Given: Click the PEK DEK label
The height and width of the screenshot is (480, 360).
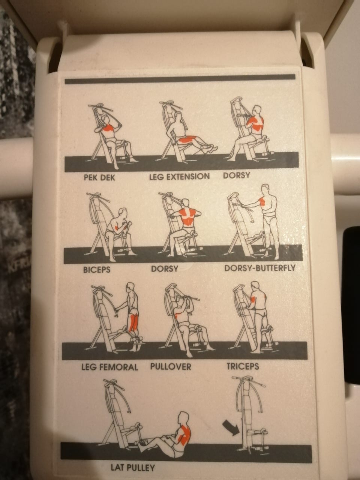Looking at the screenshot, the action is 99,178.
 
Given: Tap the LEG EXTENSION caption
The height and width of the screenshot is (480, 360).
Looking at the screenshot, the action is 179,177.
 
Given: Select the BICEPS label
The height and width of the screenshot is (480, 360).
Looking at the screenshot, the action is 97,270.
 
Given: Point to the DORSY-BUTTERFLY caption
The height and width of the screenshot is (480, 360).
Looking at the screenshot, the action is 260,268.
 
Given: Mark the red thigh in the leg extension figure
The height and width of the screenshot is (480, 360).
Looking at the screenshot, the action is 186,139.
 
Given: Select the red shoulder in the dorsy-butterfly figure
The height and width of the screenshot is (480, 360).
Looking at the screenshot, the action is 262,202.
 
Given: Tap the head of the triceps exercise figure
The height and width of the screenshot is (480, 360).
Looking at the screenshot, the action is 255,287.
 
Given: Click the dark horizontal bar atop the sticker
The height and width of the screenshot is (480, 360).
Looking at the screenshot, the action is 180,79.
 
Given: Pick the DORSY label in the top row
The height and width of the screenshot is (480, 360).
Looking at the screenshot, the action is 236,175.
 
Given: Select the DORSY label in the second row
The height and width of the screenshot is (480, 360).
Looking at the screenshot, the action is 165,269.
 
